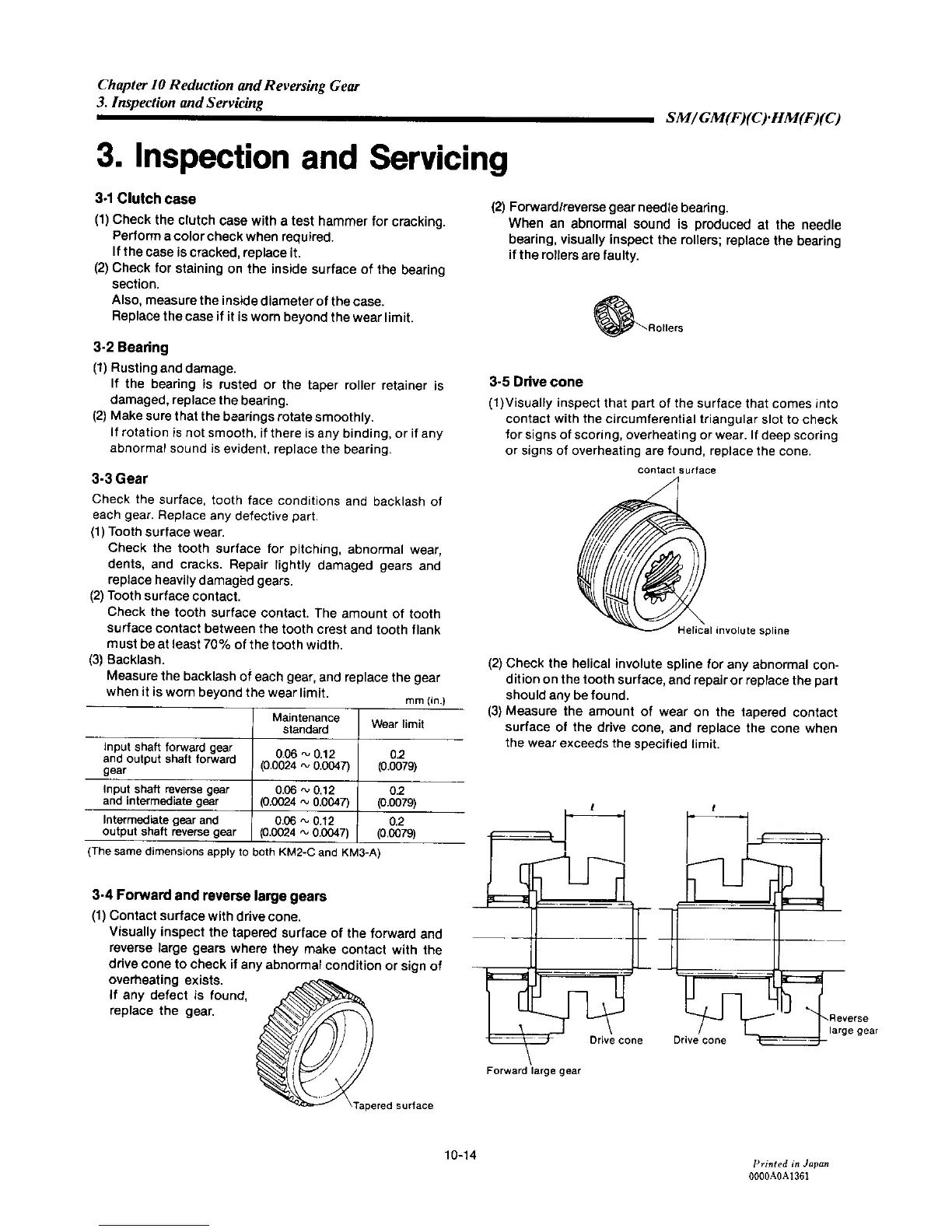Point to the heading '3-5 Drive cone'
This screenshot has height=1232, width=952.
[x=536, y=382]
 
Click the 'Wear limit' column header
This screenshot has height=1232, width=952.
[x=397, y=724]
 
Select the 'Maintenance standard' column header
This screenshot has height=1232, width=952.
[x=306, y=723]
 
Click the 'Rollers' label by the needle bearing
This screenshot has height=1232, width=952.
[x=666, y=328]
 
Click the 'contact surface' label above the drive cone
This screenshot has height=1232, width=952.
[x=676, y=470]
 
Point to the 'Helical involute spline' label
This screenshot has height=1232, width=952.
[x=733, y=631]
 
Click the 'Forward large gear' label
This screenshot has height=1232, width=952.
[x=534, y=1070]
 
